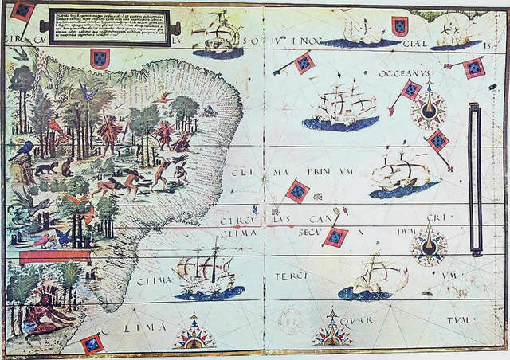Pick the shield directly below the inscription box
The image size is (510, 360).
pyautogui.click(x=100, y=57)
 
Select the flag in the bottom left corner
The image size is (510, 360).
pyautogui.click(x=92, y=343)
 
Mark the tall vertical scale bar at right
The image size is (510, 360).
pyautogui.click(x=475, y=178)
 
